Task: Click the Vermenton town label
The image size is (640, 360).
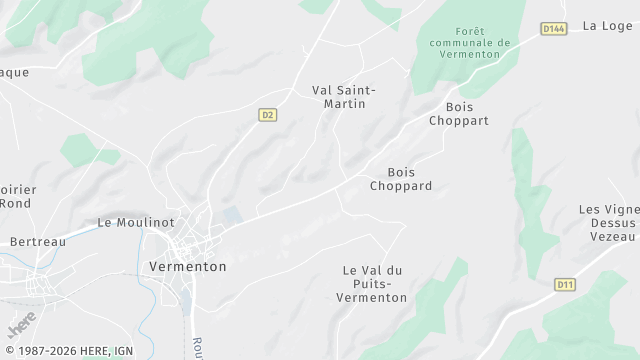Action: click(187, 267)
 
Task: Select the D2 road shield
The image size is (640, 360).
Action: click(267, 115)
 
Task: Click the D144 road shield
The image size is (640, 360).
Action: click(554, 29)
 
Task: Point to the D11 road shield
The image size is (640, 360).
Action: click(565, 285)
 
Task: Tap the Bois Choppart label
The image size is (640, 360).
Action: click(459, 113)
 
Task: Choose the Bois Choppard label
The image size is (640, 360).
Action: click(401, 179)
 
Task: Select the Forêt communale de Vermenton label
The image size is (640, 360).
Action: click(469, 43)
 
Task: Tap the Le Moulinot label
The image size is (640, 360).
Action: click(136, 222)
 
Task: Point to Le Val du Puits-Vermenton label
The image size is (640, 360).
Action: click(372, 284)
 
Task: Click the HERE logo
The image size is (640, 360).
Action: click(22, 325)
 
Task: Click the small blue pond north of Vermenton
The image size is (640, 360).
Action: click(233, 215)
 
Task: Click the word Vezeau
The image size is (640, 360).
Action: click(612, 236)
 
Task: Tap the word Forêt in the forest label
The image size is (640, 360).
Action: click(469, 31)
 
